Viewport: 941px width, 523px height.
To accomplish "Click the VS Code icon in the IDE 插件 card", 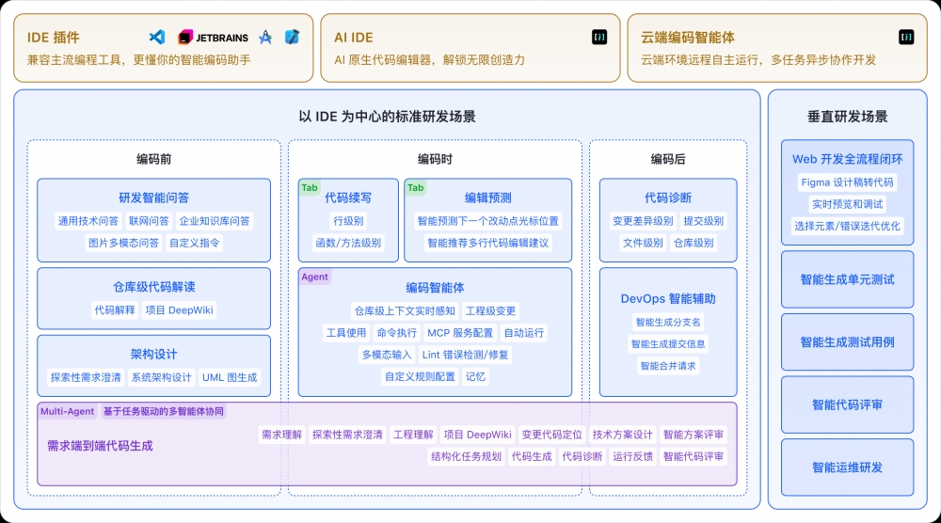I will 157,38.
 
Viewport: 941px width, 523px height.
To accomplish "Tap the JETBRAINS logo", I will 214,38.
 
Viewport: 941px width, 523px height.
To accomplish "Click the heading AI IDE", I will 354,38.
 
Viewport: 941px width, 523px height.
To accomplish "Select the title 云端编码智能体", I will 688,38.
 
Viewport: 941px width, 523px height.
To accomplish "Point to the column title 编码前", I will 153,159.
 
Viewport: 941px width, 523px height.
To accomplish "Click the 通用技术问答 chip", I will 88,221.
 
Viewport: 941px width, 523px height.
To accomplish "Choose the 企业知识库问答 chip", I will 215,221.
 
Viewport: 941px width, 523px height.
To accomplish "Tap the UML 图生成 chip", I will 230,377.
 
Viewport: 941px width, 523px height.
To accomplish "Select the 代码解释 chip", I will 114,309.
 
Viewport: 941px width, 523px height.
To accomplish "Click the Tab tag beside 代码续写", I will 310,187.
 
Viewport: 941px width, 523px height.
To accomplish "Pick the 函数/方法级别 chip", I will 348,243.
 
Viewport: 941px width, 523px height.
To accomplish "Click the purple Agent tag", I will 314,277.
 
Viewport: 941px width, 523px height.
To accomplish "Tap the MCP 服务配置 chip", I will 460,333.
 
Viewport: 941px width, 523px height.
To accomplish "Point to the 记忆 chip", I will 476,376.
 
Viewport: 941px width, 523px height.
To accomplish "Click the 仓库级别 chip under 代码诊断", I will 694,243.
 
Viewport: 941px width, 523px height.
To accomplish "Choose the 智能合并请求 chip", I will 668,366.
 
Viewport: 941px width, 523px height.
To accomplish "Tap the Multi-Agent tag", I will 67,411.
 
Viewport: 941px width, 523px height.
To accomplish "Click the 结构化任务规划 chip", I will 466,456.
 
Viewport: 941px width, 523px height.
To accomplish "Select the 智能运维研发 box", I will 847,468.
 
